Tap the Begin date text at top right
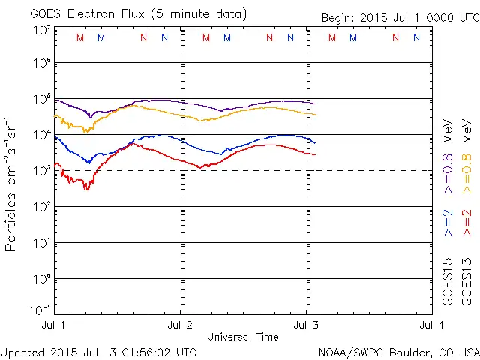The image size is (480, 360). pos(399,18)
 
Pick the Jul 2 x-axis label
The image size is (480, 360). pos(180,325)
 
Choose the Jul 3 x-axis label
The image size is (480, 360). pos(306,325)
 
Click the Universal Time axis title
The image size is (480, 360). pos(242,337)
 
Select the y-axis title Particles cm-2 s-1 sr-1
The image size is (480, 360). pos(12,184)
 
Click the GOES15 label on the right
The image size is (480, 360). pos(448,283)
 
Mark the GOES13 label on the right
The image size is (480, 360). pos(469,283)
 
